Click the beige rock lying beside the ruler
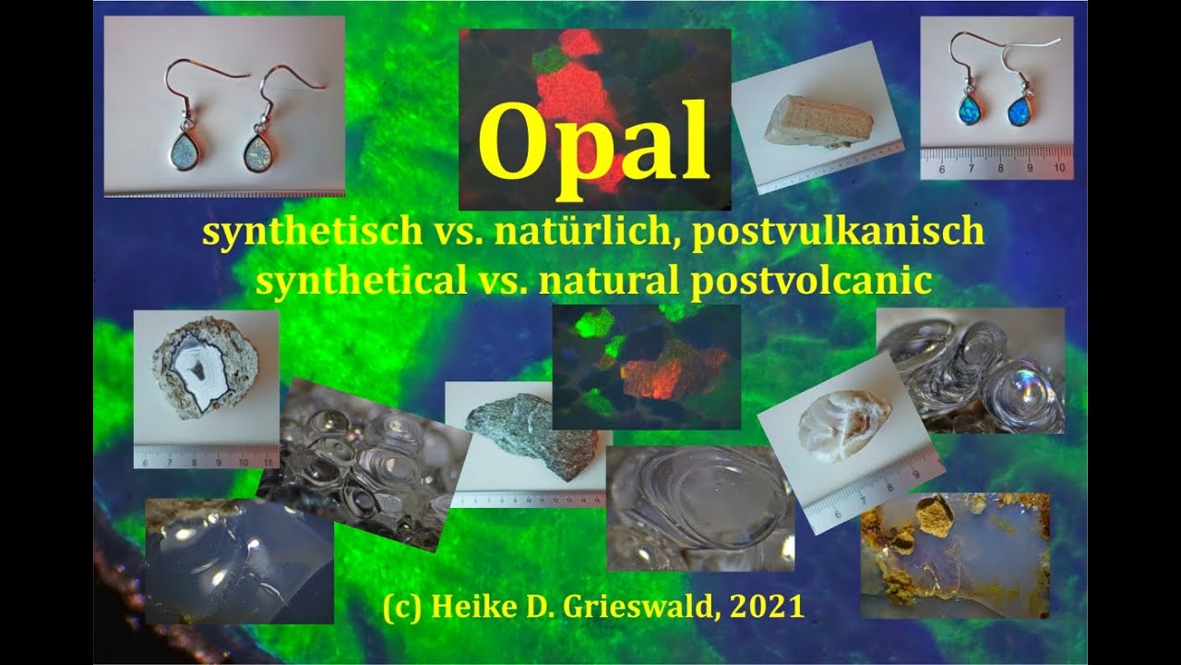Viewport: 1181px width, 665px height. coord(817,122)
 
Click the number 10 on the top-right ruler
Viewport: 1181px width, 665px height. coord(1059,168)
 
